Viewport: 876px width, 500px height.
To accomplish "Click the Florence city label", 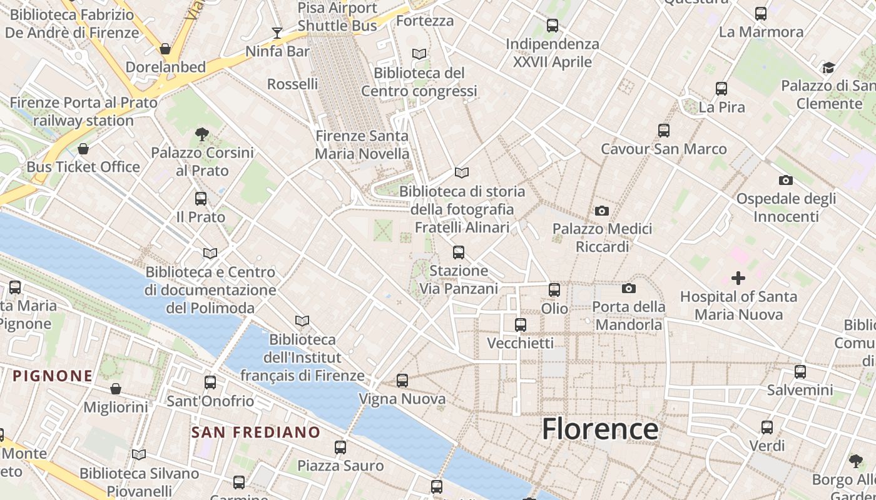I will click(x=599, y=429).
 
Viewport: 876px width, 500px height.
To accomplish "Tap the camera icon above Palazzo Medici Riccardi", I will click(x=602, y=211).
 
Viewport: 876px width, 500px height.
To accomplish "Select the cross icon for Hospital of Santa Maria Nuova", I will click(x=738, y=277).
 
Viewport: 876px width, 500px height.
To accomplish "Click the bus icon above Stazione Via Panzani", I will click(x=459, y=252).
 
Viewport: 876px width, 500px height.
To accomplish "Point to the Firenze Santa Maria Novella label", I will click(x=362, y=144).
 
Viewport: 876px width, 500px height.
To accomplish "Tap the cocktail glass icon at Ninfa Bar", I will click(x=277, y=32).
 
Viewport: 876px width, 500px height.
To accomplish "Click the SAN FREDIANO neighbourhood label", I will click(x=255, y=432).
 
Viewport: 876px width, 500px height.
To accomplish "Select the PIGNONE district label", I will click(x=53, y=376).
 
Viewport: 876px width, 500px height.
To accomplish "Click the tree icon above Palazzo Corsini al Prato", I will click(x=201, y=134).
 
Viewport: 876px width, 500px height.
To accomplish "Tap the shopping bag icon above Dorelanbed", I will click(x=165, y=49).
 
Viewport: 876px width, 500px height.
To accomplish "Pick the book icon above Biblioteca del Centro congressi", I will click(x=419, y=54).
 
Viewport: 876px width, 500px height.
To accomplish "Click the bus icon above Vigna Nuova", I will click(x=402, y=380).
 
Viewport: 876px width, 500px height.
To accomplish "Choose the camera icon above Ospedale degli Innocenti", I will click(x=786, y=181).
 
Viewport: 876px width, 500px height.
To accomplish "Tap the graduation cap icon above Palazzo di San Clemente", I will click(x=828, y=67).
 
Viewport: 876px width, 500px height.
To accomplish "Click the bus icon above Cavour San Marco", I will click(x=664, y=131).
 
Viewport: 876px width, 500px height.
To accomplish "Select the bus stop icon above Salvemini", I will click(x=800, y=372).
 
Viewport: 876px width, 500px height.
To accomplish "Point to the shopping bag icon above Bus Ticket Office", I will click(x=83, y=149).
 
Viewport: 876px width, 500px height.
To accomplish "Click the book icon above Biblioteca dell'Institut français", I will click(x=302, y=321).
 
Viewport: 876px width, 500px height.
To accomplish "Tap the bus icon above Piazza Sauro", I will click(x=340, y=447).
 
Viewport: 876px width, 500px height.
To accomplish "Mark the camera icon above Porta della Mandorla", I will click(x=629, y=288).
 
